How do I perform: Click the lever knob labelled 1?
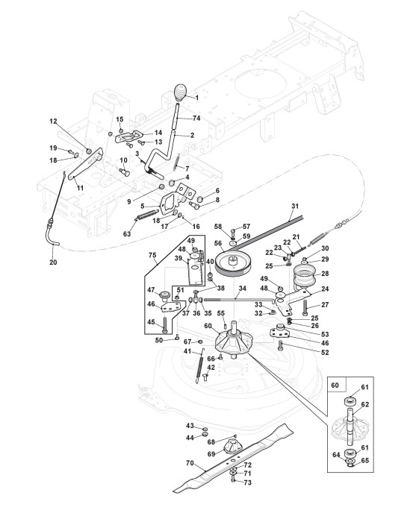click(180, 92)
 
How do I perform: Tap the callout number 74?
click(196, 118)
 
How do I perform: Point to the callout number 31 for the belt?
click(295, 206)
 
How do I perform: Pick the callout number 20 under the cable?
click(53, 262)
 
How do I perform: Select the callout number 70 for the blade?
click(190, 463)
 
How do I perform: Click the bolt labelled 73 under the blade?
click(233, 481)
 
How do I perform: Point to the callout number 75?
click(152, 255)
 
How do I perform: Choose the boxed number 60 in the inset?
click(335, 385)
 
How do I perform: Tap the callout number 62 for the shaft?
click(365, 404)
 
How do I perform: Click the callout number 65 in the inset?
click(365, 460)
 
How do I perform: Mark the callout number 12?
click(53, 122)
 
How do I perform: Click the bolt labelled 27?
click(305, 309)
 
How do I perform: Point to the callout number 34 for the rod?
click(242, 289)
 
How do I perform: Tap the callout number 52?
click(325, 353)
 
